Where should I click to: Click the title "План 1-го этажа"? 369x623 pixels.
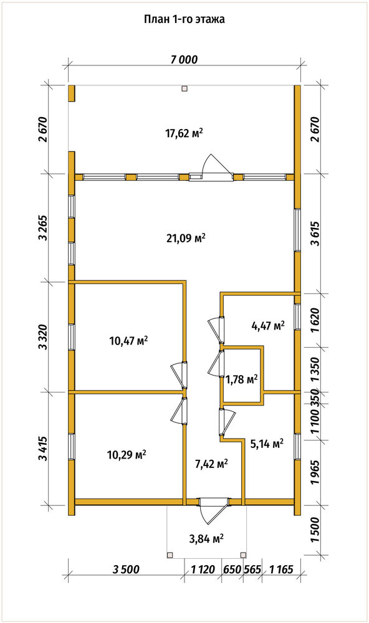(x=184, y=19)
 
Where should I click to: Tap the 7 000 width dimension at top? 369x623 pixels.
(x=184, y=60)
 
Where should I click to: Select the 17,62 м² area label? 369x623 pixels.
(x=184, y=133)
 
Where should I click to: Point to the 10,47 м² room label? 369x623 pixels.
(x=128, y=340)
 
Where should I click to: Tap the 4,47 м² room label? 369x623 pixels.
(x=268, y=326)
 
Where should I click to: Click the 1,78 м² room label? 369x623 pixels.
(x=242, y=379)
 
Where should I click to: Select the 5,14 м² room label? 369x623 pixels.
(x=266, y=444)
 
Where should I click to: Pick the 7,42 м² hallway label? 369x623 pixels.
(x=211, y=464)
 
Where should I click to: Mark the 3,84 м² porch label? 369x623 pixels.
(x=206, y=539)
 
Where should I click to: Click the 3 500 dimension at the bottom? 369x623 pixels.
(x=126, y=569)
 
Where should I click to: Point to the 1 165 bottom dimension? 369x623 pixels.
(x=281, y=569)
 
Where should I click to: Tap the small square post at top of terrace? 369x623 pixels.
(x=184, y=89)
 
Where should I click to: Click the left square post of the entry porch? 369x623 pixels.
(x=170, y=554)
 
